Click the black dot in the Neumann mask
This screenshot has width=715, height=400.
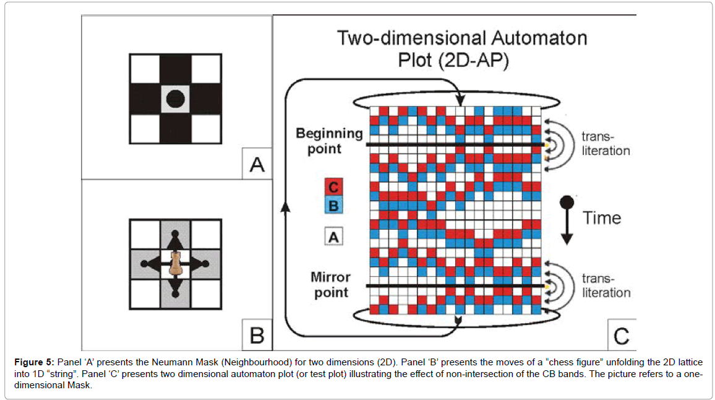(175, 98)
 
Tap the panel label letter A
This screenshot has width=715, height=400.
(256, 165)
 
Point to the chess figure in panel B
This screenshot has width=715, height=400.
(176, 264)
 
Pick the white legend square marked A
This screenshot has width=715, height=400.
(333, 236)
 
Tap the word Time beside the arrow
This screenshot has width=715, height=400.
(601, 217)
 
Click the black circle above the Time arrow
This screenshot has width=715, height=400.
(567, 202)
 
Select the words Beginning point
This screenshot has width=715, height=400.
(328, 141)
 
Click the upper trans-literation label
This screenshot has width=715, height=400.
(606, 144)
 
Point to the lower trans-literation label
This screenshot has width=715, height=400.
(606, 285)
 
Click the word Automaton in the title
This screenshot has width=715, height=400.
(533, 38)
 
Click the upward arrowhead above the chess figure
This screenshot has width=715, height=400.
(175, 239)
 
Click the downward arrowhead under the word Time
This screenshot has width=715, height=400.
(567, 239)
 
